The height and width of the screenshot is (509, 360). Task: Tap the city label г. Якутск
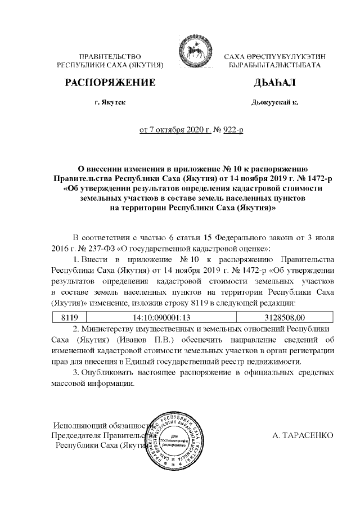pos(110,103)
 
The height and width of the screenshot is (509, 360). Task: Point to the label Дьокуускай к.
pos(274,103)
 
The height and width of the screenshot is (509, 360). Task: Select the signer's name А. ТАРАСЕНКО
pos(303,435)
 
